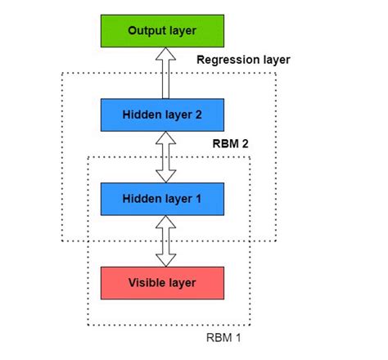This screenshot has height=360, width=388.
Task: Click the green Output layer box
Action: pos(161,30)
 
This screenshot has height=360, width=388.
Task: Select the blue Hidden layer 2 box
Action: pos(161,115)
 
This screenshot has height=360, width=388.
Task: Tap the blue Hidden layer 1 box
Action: pos(161,198)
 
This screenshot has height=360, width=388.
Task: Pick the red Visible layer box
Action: pos(161,282)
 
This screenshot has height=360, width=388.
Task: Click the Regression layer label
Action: pos(243,61)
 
